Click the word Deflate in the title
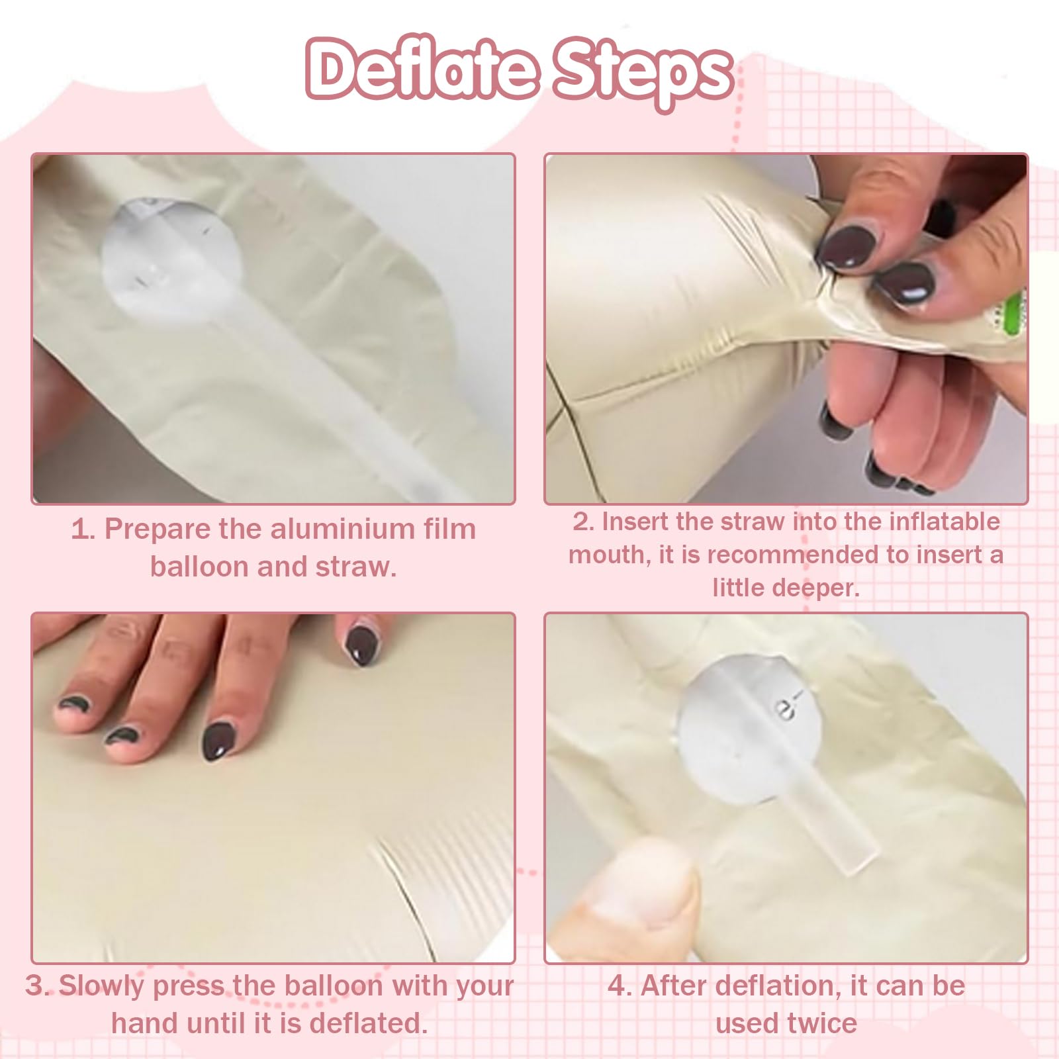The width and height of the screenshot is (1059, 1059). click(x=422, y=69)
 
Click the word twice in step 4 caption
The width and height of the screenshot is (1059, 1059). click(x=820, y=1024)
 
